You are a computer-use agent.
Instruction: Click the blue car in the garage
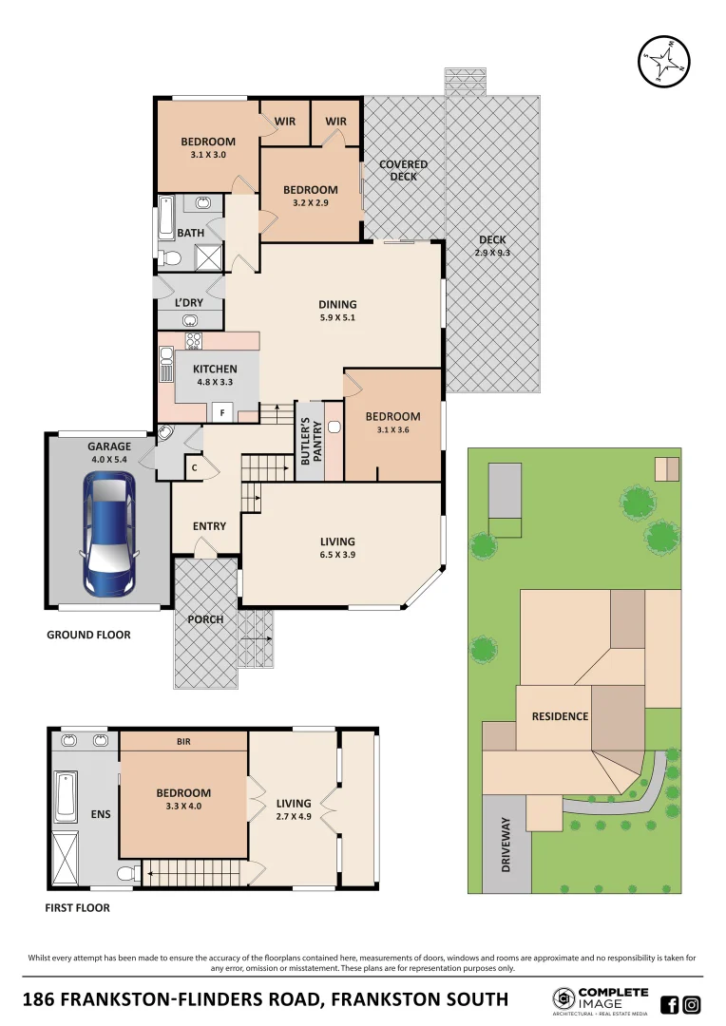coord(109,532)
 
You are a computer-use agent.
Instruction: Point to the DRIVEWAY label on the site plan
coord(506,845)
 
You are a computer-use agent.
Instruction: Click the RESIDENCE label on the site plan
coord(560,716)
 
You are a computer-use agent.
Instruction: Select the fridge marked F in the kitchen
coord(222,413)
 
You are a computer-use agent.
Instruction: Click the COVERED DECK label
coord(403,170)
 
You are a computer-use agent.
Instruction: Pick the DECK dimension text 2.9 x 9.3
coord(491,253)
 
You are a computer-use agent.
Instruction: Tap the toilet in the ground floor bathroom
coord(168,257)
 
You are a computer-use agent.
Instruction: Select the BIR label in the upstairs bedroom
coord(183,741)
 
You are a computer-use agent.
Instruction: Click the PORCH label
coord(205,619)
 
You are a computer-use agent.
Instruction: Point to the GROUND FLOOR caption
coord(88,635)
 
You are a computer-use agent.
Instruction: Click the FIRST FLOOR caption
coord(77,908)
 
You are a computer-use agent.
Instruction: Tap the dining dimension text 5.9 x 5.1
coord(336,318)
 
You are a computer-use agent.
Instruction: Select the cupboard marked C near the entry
coord(195,466)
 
